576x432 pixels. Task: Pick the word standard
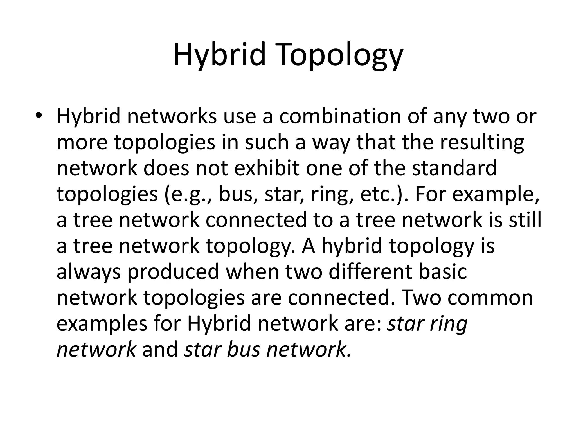(x=454, y=168)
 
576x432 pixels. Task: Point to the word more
(x=82, y=143)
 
